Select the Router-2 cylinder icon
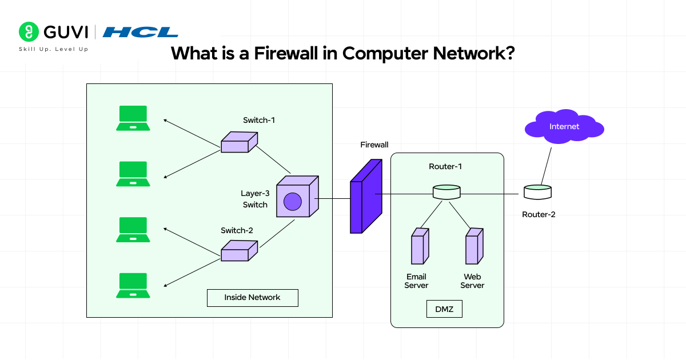tap(537, 192)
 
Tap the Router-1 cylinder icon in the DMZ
tap(446, 192)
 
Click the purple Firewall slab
tap(365, 197)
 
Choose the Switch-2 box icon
tap(239, 250)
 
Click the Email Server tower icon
tap(420, 246)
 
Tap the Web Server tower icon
tap(474, 246)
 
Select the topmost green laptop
tap(133, 118)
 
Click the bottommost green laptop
tap(133, 286)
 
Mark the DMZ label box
tap(444, 309)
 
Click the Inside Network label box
tap(252, 298)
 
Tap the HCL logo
tap(140, 32)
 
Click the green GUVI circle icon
tap(28, 32)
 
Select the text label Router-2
tap(539, 215)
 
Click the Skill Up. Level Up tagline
tap(54, 49)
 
